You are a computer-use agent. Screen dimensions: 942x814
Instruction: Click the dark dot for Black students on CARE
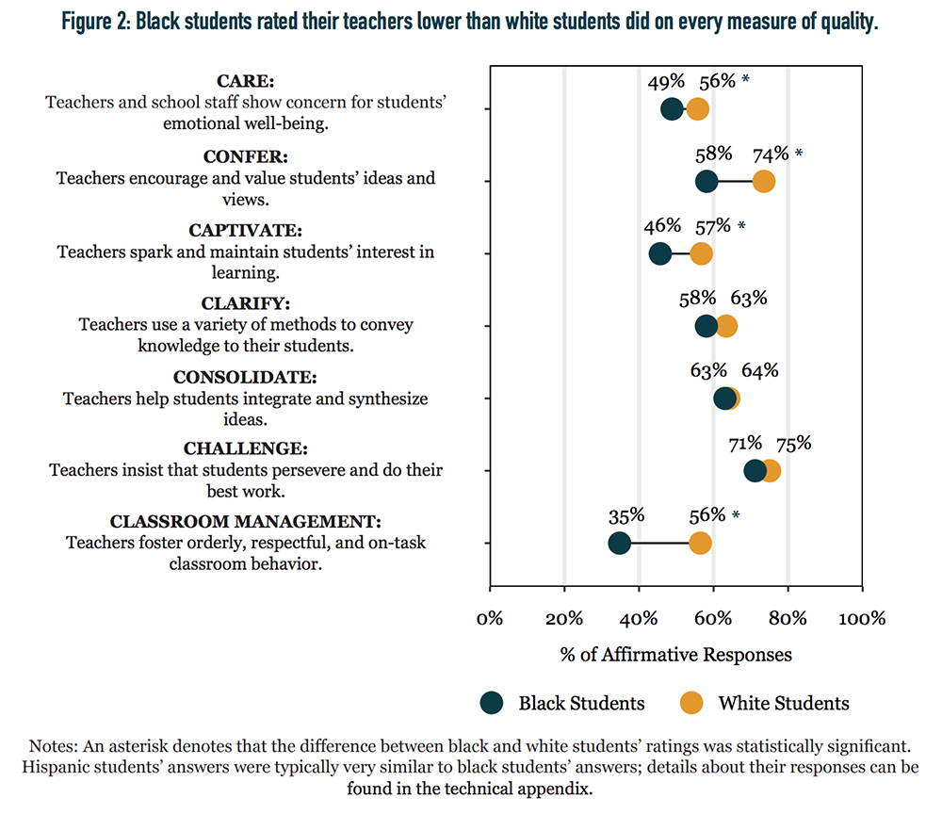pos(672,109)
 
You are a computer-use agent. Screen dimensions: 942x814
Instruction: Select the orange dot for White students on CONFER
pos(763,182)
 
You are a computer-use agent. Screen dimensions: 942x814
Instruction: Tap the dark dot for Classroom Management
pos(620,543)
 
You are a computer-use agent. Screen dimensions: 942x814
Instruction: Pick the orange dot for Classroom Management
pos(700,543)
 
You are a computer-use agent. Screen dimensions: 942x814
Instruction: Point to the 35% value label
pos(626,516)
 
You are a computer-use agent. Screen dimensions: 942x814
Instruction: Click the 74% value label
pos(771,155)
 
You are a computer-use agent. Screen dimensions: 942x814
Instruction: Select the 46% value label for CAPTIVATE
pos(662,226)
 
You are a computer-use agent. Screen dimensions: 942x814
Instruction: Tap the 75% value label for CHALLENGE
pos(793,444)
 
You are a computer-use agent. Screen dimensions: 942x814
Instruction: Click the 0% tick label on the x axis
pos(490,618)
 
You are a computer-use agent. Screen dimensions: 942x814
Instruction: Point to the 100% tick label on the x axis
pos(862,618)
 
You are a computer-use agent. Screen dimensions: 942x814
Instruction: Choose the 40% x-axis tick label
pos(639,618)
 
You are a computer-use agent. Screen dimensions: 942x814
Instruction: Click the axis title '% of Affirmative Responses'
pos(675,654)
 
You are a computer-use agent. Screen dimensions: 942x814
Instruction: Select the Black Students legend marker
pos(492,703)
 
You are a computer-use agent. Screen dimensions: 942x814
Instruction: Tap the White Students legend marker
pos(691,703)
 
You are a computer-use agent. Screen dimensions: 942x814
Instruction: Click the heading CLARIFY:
pos(246,303)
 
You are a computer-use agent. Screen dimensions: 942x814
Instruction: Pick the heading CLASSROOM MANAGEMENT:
pos(246,521)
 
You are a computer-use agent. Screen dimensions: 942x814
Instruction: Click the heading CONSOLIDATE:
pos(245,377)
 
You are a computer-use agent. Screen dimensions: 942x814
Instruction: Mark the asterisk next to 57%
pos(741,226)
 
